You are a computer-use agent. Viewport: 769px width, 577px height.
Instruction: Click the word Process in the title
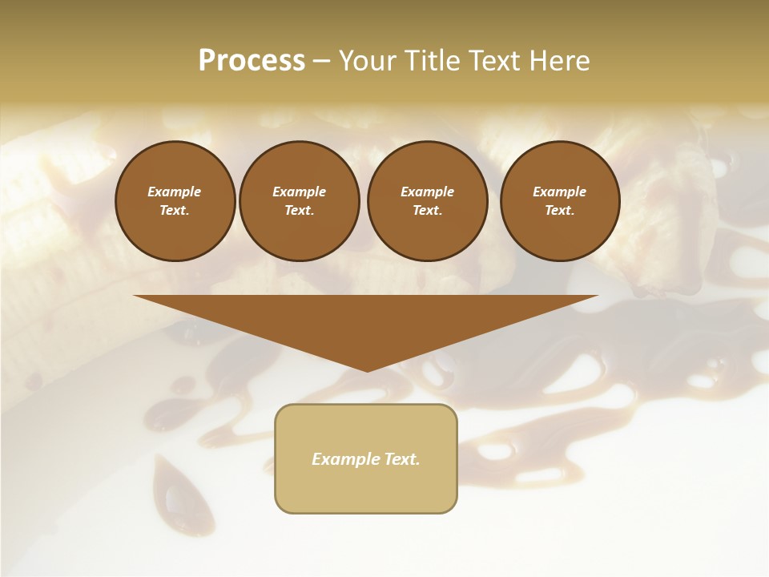[x=252, y=61]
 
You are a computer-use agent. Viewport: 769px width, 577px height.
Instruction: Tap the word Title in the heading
[x=433, y=61]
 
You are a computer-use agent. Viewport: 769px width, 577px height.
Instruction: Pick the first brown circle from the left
[x=175, y=201]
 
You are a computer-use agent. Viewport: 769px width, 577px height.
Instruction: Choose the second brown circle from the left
[x=300, y=201]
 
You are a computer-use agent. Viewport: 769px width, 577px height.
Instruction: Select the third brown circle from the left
[x=428, y=201]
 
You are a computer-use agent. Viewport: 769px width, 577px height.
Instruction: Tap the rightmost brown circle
[x=560, y=201]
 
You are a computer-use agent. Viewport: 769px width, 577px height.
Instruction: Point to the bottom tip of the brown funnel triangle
[x=367, y=370]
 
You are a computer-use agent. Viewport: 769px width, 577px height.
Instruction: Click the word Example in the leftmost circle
[x=175, y=192]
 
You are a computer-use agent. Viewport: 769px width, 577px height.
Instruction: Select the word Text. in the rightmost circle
[x=560, y=211]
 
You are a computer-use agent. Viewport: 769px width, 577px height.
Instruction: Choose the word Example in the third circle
[x=428, y=192]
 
